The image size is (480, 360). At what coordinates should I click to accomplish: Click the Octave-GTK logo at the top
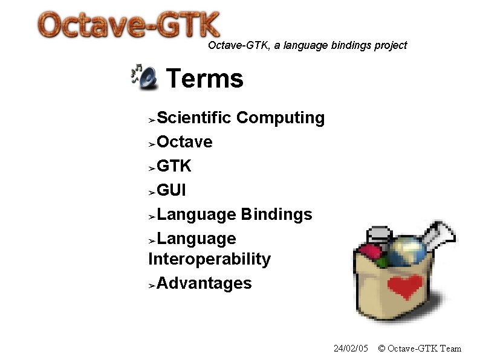click(x=129, y=26)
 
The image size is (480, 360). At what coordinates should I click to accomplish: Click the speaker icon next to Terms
click(x=144, y=77)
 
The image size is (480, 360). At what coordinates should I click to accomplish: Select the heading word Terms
click(x=204, y=79)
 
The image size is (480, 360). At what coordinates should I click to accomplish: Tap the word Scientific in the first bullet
click(x=194, y=118)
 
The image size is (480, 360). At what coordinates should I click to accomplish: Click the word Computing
click(x=281, y=118)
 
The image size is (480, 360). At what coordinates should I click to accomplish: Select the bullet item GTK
click(x=174, y=166)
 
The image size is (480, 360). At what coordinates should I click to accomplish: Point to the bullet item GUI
click(x=171, y=190)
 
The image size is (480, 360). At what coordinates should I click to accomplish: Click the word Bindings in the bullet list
click(x=276, y=214)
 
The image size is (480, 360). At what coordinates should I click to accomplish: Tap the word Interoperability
click(x=209, y=259)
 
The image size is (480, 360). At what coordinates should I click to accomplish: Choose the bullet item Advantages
click(x=204, y=283)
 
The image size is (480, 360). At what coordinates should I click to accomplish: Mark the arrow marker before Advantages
click(x=152, y=284)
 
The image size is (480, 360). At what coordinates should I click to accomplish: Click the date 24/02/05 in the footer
click(x=351, y=349)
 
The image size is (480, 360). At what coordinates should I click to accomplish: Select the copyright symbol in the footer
click(x=381, y=349)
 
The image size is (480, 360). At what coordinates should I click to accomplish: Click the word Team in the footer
click(x=451, y=349)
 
